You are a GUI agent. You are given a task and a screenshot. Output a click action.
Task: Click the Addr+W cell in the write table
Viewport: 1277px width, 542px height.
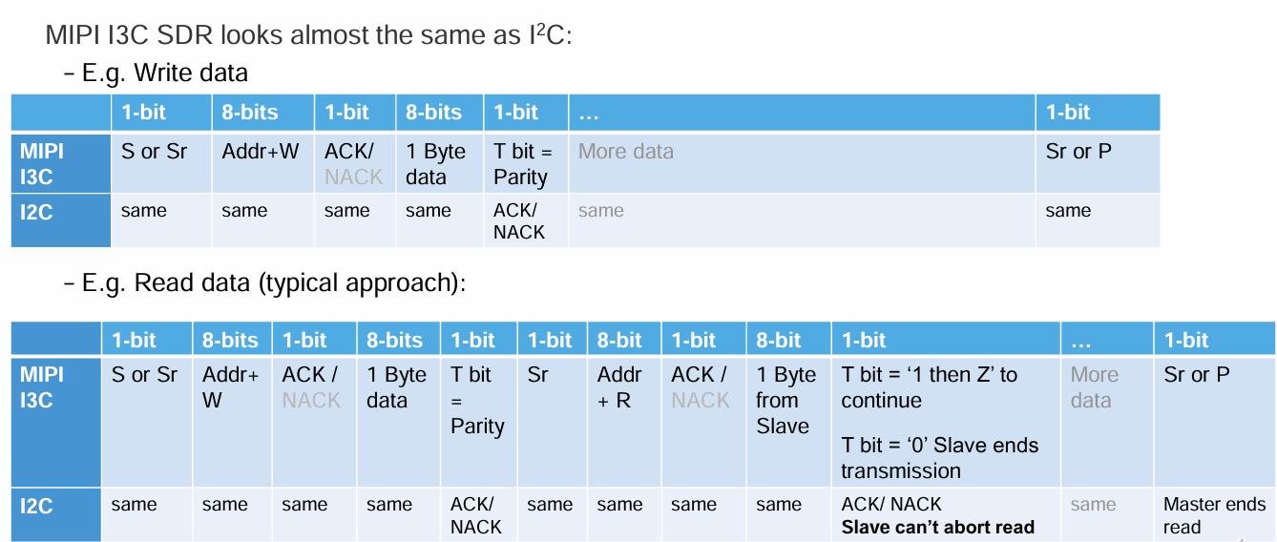(x=262, y=163)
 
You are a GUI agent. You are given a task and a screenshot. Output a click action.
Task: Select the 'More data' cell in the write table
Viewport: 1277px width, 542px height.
(x=802, y=163)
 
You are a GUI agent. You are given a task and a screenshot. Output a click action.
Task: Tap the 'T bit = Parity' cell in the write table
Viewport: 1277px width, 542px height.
(x=525, y=163)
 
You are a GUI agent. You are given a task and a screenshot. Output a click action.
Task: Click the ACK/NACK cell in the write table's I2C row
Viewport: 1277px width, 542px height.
(x=525, y=220)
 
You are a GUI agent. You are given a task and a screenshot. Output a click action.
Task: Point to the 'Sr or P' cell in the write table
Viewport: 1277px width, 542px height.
(x=1098, y=163)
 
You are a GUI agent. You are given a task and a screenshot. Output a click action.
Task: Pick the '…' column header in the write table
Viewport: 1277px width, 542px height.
(x=802, y=113)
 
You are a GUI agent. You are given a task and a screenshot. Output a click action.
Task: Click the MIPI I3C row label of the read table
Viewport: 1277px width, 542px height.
(x=56, y=422)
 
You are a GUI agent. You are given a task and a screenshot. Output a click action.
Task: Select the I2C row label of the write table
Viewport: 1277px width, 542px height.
(x=60, y=220)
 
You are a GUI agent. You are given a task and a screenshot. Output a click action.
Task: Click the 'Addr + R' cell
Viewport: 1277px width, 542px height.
(x=623, y=422)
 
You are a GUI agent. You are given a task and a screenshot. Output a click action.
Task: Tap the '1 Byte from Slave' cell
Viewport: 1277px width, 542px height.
(x=788, y=422)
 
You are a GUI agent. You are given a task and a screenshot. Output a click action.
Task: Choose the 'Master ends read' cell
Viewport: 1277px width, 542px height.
(x=1214, y=515)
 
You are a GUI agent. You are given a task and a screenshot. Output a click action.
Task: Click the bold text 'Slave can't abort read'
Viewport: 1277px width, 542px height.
(x=937, y=527)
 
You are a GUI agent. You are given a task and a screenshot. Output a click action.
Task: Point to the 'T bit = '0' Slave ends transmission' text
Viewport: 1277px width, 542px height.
(x=939, y=458)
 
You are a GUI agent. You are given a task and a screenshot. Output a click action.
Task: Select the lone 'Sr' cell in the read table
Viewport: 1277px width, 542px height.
(x=552, y=422)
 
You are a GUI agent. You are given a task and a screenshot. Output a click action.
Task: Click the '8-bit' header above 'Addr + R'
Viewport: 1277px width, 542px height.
(x=623, y=341)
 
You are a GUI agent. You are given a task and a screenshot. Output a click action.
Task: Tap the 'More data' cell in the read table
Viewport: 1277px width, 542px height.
(x=1107, y=422)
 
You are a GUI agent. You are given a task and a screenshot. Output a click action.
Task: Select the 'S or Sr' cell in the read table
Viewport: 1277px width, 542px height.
(x=147, y=422)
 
